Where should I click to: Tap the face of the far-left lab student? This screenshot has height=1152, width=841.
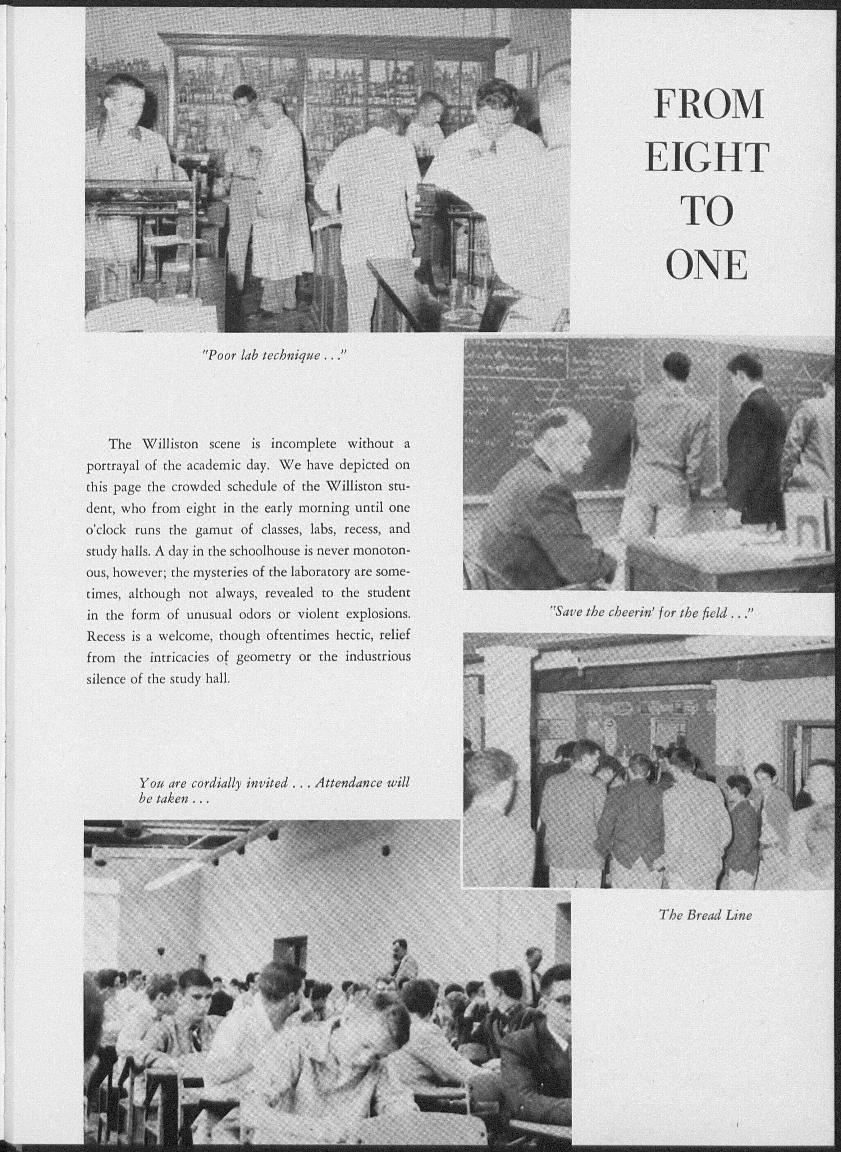pyautogui.click(x=124, y=107)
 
